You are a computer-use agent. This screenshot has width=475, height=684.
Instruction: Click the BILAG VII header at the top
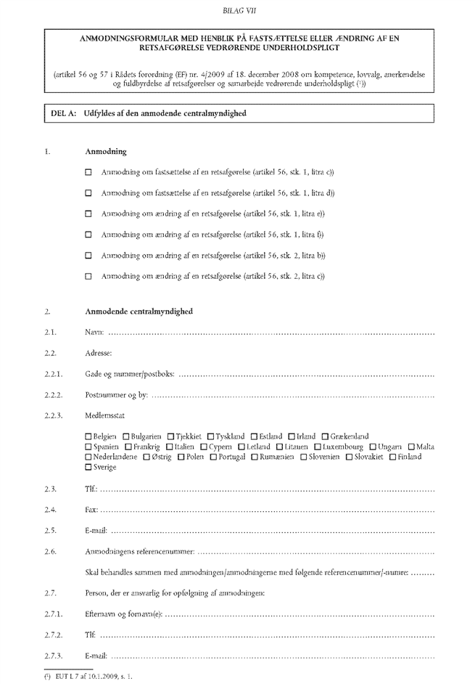[238, 10]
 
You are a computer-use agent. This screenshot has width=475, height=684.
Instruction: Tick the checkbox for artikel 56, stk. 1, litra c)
[89, 173]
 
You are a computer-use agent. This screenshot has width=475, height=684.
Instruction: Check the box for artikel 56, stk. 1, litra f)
[89, 235]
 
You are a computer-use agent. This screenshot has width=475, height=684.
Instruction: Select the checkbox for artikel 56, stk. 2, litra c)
[89, 276]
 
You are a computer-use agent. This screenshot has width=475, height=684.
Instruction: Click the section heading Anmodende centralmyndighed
[139, 312]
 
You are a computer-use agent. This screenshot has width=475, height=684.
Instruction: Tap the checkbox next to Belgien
[88, 436]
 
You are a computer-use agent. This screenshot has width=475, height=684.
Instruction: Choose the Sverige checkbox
[88, 467]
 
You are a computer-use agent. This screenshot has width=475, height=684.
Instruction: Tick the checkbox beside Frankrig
[128, 446]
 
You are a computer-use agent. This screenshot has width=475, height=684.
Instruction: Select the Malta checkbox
[412, 446]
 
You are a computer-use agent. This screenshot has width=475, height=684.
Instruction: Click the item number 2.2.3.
[54, 415]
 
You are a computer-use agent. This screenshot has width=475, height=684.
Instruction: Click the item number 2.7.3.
[54, 656]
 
